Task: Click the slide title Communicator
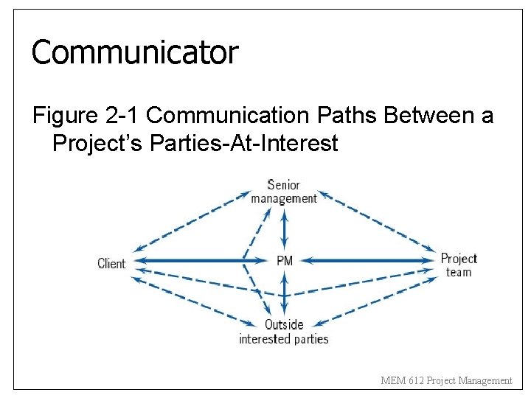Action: coord(135,52)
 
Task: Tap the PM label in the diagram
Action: coord(285,260)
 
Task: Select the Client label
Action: coord(111,263)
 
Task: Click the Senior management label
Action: coord(284,192)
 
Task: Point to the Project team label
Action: coord(459,265)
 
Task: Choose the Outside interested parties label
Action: coord(284,332)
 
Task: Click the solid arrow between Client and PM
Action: coord(192,260)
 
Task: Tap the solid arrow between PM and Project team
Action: coord(369,260)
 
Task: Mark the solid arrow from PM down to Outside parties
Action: coord(285,295)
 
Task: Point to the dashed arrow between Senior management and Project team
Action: coord(376,221)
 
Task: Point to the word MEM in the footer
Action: coord(391,380)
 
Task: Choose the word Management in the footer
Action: coord(485,380)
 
